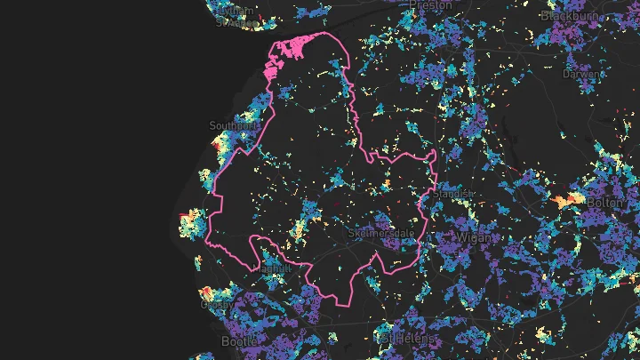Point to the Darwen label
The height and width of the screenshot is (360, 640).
point(580,75)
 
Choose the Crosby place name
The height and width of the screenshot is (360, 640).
point(217,303)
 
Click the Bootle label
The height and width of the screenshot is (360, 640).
point(240,341)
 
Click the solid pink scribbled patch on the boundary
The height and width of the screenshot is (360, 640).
point(284,60)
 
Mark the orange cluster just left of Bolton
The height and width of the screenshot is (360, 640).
point(564,201)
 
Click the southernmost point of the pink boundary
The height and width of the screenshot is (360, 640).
point(342,305)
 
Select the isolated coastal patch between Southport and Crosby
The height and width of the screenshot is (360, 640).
point(192,224)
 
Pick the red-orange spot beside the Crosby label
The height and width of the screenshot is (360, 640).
point(204,292)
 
